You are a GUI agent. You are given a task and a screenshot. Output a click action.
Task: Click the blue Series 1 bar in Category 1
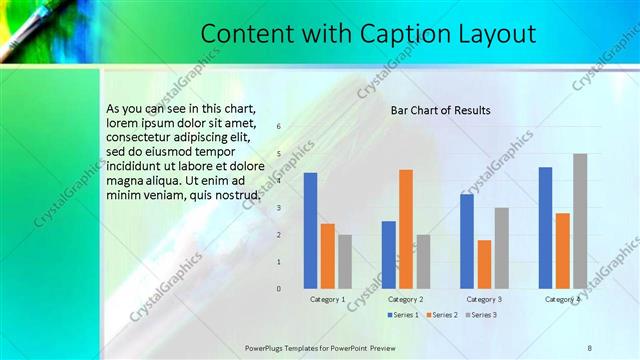310,230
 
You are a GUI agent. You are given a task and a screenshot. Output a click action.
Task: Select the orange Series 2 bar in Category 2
405,228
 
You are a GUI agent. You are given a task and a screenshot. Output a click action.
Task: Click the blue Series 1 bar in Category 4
545,227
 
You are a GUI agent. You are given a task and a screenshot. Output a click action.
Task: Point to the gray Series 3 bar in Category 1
345,261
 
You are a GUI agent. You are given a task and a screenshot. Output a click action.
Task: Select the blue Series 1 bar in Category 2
388,254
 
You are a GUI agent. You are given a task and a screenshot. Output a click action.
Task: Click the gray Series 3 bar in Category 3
502,248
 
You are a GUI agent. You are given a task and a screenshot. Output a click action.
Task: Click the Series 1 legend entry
402,315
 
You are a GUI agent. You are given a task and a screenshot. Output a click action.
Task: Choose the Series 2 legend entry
441,315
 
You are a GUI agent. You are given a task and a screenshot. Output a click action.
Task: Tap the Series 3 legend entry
480,315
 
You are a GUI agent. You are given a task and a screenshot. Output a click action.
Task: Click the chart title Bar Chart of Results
440,109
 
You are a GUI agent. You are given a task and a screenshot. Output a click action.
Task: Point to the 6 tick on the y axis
278,126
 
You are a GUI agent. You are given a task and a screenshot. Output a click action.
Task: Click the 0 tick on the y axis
278,289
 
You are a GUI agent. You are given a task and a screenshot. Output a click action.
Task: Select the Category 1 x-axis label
327,299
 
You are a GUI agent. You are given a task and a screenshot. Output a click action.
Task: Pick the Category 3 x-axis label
484,299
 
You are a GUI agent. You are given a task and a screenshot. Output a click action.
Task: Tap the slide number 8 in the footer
589,347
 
